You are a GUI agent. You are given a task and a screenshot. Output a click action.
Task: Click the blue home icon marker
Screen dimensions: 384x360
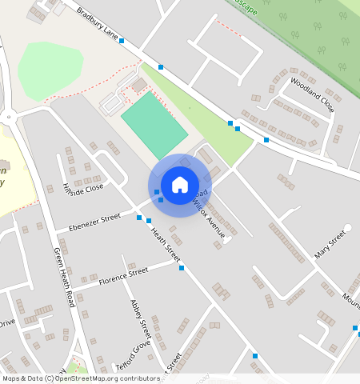point(180,185)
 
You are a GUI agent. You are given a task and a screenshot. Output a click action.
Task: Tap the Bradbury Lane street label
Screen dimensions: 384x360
point(98,24)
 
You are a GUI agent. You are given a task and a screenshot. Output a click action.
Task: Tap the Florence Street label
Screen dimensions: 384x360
point(123,277)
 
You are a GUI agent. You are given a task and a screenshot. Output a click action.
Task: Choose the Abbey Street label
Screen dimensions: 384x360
point(140,318)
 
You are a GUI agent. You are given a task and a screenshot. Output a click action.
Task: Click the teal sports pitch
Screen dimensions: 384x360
point(154,125)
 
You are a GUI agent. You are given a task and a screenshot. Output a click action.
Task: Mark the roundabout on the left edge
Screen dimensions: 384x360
point(9,118)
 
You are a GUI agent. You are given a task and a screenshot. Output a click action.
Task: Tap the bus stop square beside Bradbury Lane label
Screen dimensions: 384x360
point(122,40)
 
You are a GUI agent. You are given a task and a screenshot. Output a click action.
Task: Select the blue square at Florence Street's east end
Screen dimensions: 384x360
point(182,267)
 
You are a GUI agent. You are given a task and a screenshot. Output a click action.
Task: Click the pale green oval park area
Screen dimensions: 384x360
point(50,70)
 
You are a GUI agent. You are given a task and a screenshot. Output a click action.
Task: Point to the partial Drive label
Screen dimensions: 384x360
point(6,322)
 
